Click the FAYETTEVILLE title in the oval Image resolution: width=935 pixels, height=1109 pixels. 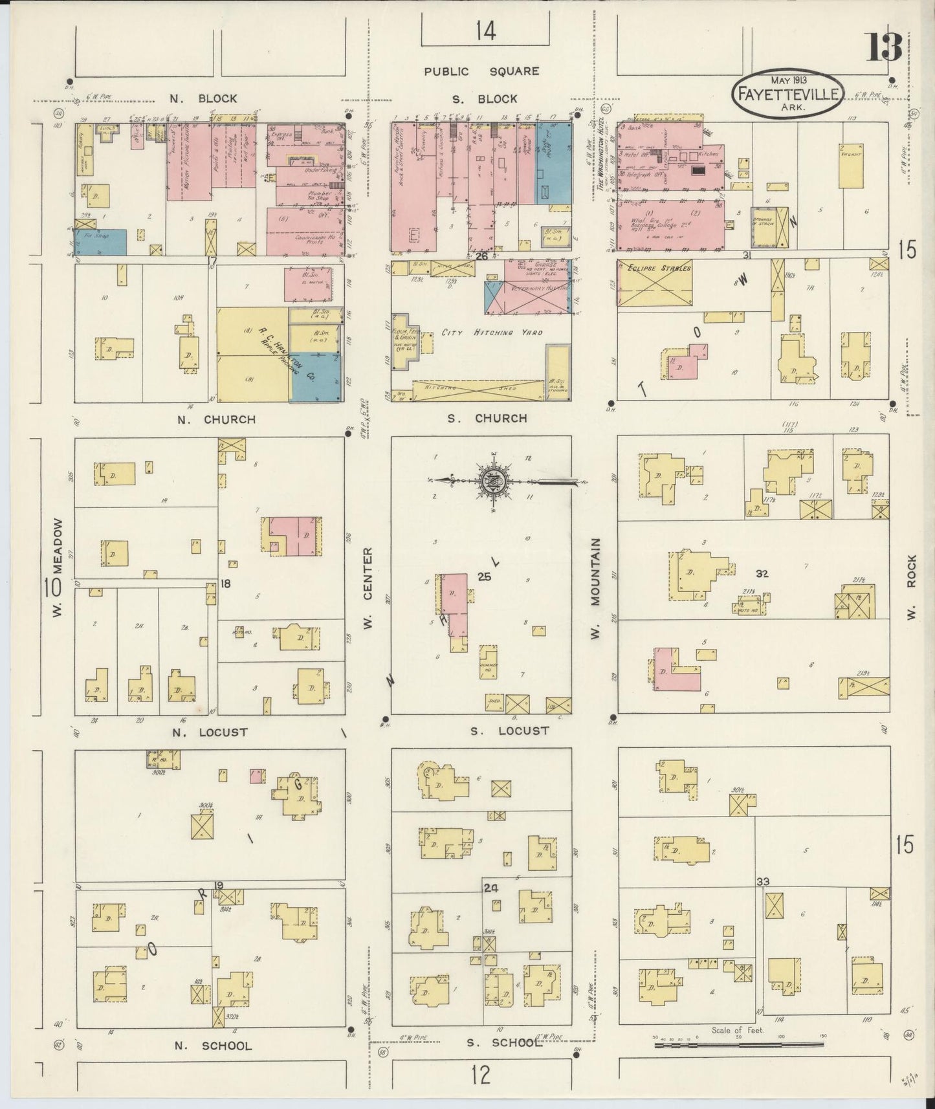787,94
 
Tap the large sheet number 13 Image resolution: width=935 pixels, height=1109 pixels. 884,46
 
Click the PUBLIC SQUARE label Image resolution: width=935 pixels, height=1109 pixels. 481,71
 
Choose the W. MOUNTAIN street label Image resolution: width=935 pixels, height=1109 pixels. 596,588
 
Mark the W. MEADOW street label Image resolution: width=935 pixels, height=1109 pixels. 58,567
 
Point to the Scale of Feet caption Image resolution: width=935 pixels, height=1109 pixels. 737,1031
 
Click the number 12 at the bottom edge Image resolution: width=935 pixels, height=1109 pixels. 480,1075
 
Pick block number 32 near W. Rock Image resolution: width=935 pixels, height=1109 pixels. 762,573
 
